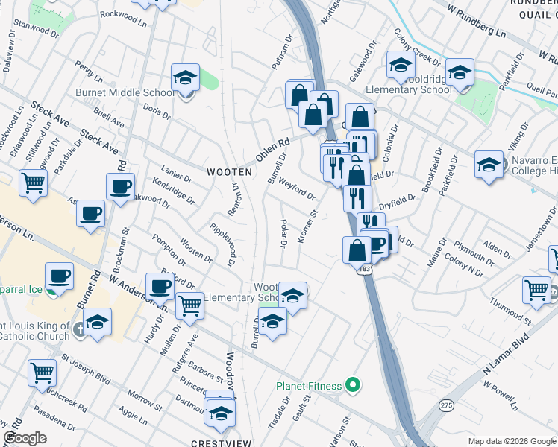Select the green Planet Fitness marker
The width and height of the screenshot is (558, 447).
tap(354, 386)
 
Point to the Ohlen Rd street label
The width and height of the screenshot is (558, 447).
tap(272, 154)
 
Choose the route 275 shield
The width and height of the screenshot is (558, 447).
tap(446, 405)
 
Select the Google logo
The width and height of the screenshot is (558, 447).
tap(25, 437)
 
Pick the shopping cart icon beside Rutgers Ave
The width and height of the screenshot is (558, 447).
tap(190, 305)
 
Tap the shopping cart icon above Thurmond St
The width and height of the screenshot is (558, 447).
tap(536, 291)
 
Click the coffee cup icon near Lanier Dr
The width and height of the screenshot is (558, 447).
tap(120, 188)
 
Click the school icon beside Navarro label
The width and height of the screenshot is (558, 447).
tap(489, 165)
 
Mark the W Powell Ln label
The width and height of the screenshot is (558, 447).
tap(501, 396)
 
